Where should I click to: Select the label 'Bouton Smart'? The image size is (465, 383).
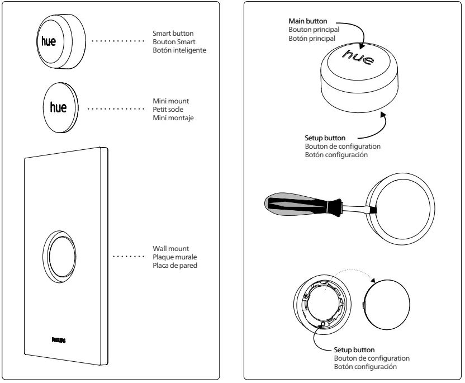click(170, 41)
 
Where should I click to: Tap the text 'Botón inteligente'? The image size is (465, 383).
click(175, 50)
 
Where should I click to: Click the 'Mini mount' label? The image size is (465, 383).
click(168, 100)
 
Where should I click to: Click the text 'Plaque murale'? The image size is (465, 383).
click(171, 257)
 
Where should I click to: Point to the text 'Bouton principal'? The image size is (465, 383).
click(310, 30)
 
